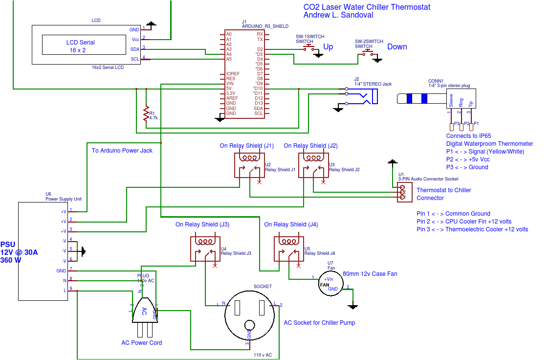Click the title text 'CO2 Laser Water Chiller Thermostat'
click(x=367, y=7)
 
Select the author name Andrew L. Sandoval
click(x=338, y=15)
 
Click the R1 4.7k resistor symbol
click(x=146, y=113)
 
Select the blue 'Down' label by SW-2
click(x=397, y=47)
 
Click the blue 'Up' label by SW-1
click(x=328, y=47)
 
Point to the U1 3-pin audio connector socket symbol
click(x=403, y=192)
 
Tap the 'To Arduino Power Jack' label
click(x=122, y=151)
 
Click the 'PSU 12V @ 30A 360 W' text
click(x=19, y=252)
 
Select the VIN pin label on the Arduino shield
click(x=230, y=84)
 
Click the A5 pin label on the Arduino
click(x=228, y=59)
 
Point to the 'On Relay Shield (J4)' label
click(x=291, y=225)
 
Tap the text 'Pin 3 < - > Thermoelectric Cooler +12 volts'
click(x=472, y=229)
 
